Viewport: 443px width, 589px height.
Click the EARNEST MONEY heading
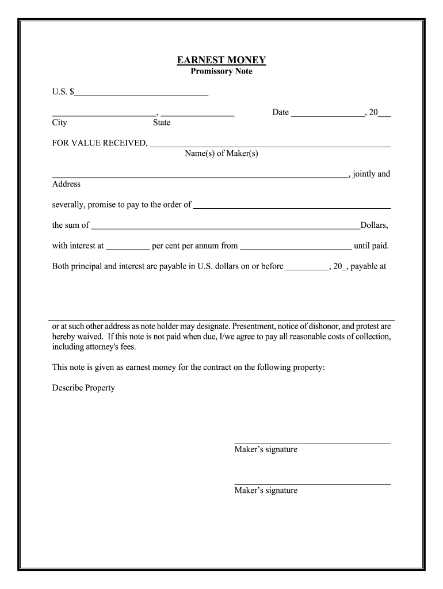click(x=221, y=60)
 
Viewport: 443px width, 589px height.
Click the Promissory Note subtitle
click(x=221, y=72)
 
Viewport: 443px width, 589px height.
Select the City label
click(x=59, y=123)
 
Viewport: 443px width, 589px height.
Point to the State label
click(x=162, y=123)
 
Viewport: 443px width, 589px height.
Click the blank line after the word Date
click(x=327, y=115)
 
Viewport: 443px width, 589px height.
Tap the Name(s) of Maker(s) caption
click(x=221, y=154)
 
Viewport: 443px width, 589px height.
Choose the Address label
click(x=66, y=185)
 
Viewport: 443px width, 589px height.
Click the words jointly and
click(x=371, y=174)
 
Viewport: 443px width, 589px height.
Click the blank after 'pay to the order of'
click(x=292, y=206)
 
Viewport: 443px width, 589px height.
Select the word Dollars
click(x=375, y=225)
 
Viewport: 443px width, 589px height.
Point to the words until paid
click(x=372, y=246)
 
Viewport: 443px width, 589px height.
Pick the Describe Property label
click(x=83, y=388)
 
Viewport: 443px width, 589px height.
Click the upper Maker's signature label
click(x=266, y=449)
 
